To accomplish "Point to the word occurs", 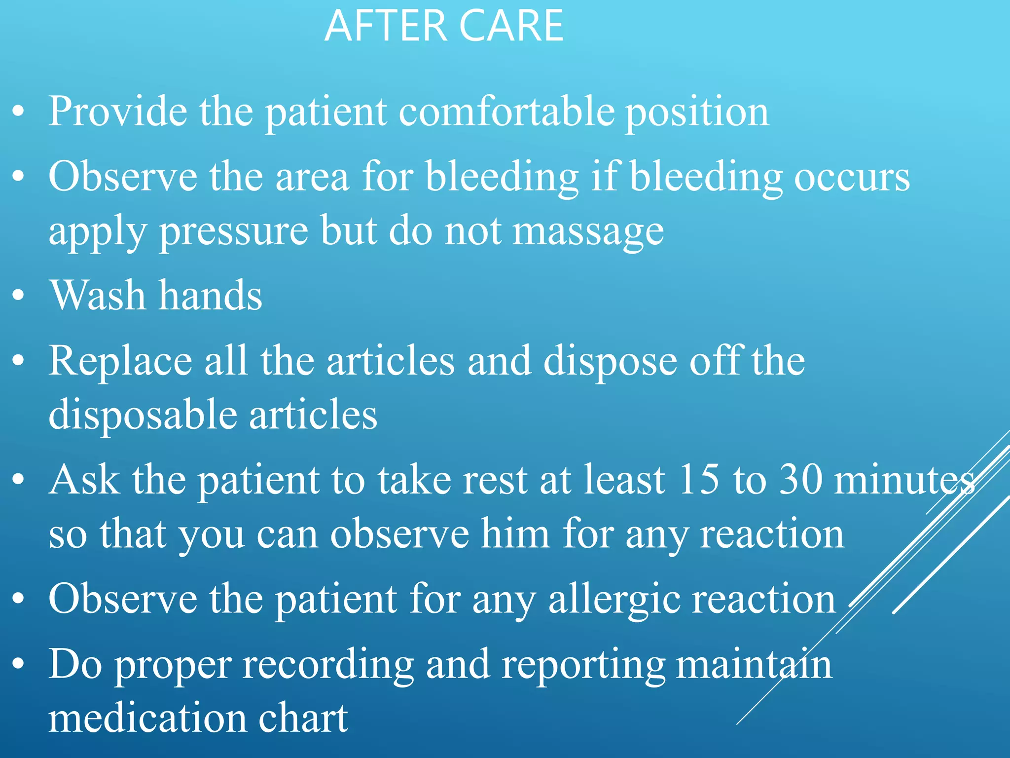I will tap(852, 178).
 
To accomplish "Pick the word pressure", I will tap(234, 232).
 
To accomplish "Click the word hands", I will tap(211, 296).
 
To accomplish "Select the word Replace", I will tap(120, 362).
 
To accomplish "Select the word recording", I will tap(328, 665).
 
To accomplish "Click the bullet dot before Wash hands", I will tap(18, 296).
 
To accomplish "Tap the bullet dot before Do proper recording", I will tap(18, 665).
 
